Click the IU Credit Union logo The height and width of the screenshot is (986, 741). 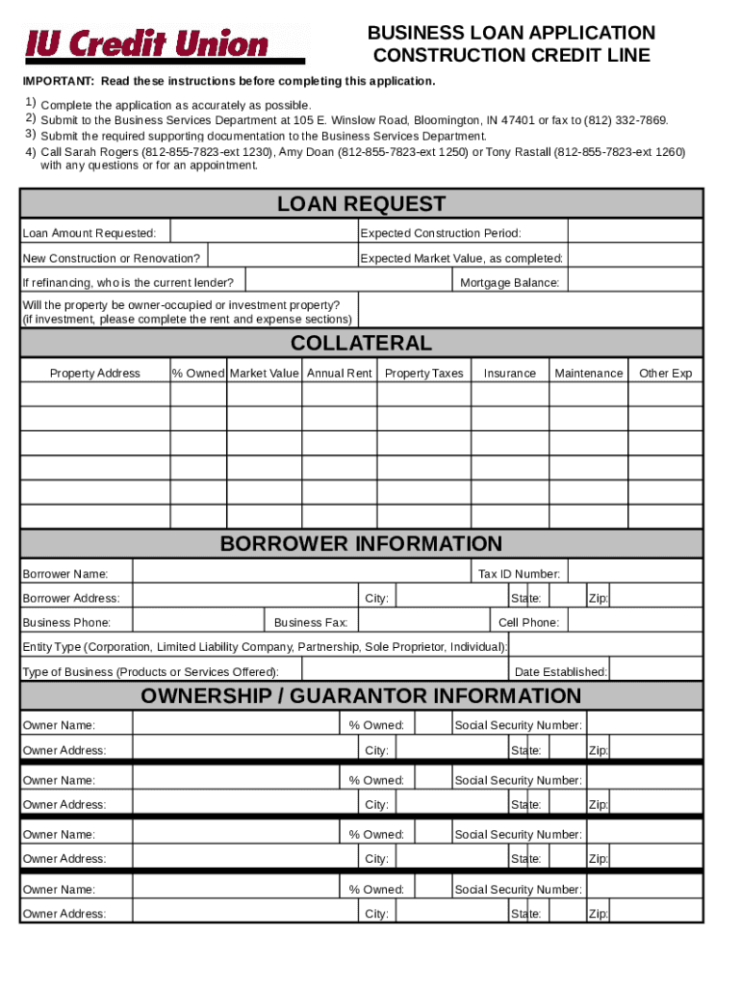(146, 43)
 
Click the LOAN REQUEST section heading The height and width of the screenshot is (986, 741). (361, 204)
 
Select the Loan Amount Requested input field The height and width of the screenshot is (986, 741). (263, 233)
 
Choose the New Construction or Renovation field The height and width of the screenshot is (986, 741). (281, 257)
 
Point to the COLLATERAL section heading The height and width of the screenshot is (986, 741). (361, 344)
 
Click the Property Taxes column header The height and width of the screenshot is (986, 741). (423, 374)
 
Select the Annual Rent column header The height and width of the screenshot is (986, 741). (339, 374)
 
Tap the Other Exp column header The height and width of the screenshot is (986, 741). (665, 374)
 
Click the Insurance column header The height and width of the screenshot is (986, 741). (509, 374)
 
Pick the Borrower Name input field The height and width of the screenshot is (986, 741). (301, 574)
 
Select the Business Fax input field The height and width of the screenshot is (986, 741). (422, 622)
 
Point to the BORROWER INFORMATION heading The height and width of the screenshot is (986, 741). (361, 544)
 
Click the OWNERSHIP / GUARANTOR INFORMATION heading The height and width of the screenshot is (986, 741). (361, 696)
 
